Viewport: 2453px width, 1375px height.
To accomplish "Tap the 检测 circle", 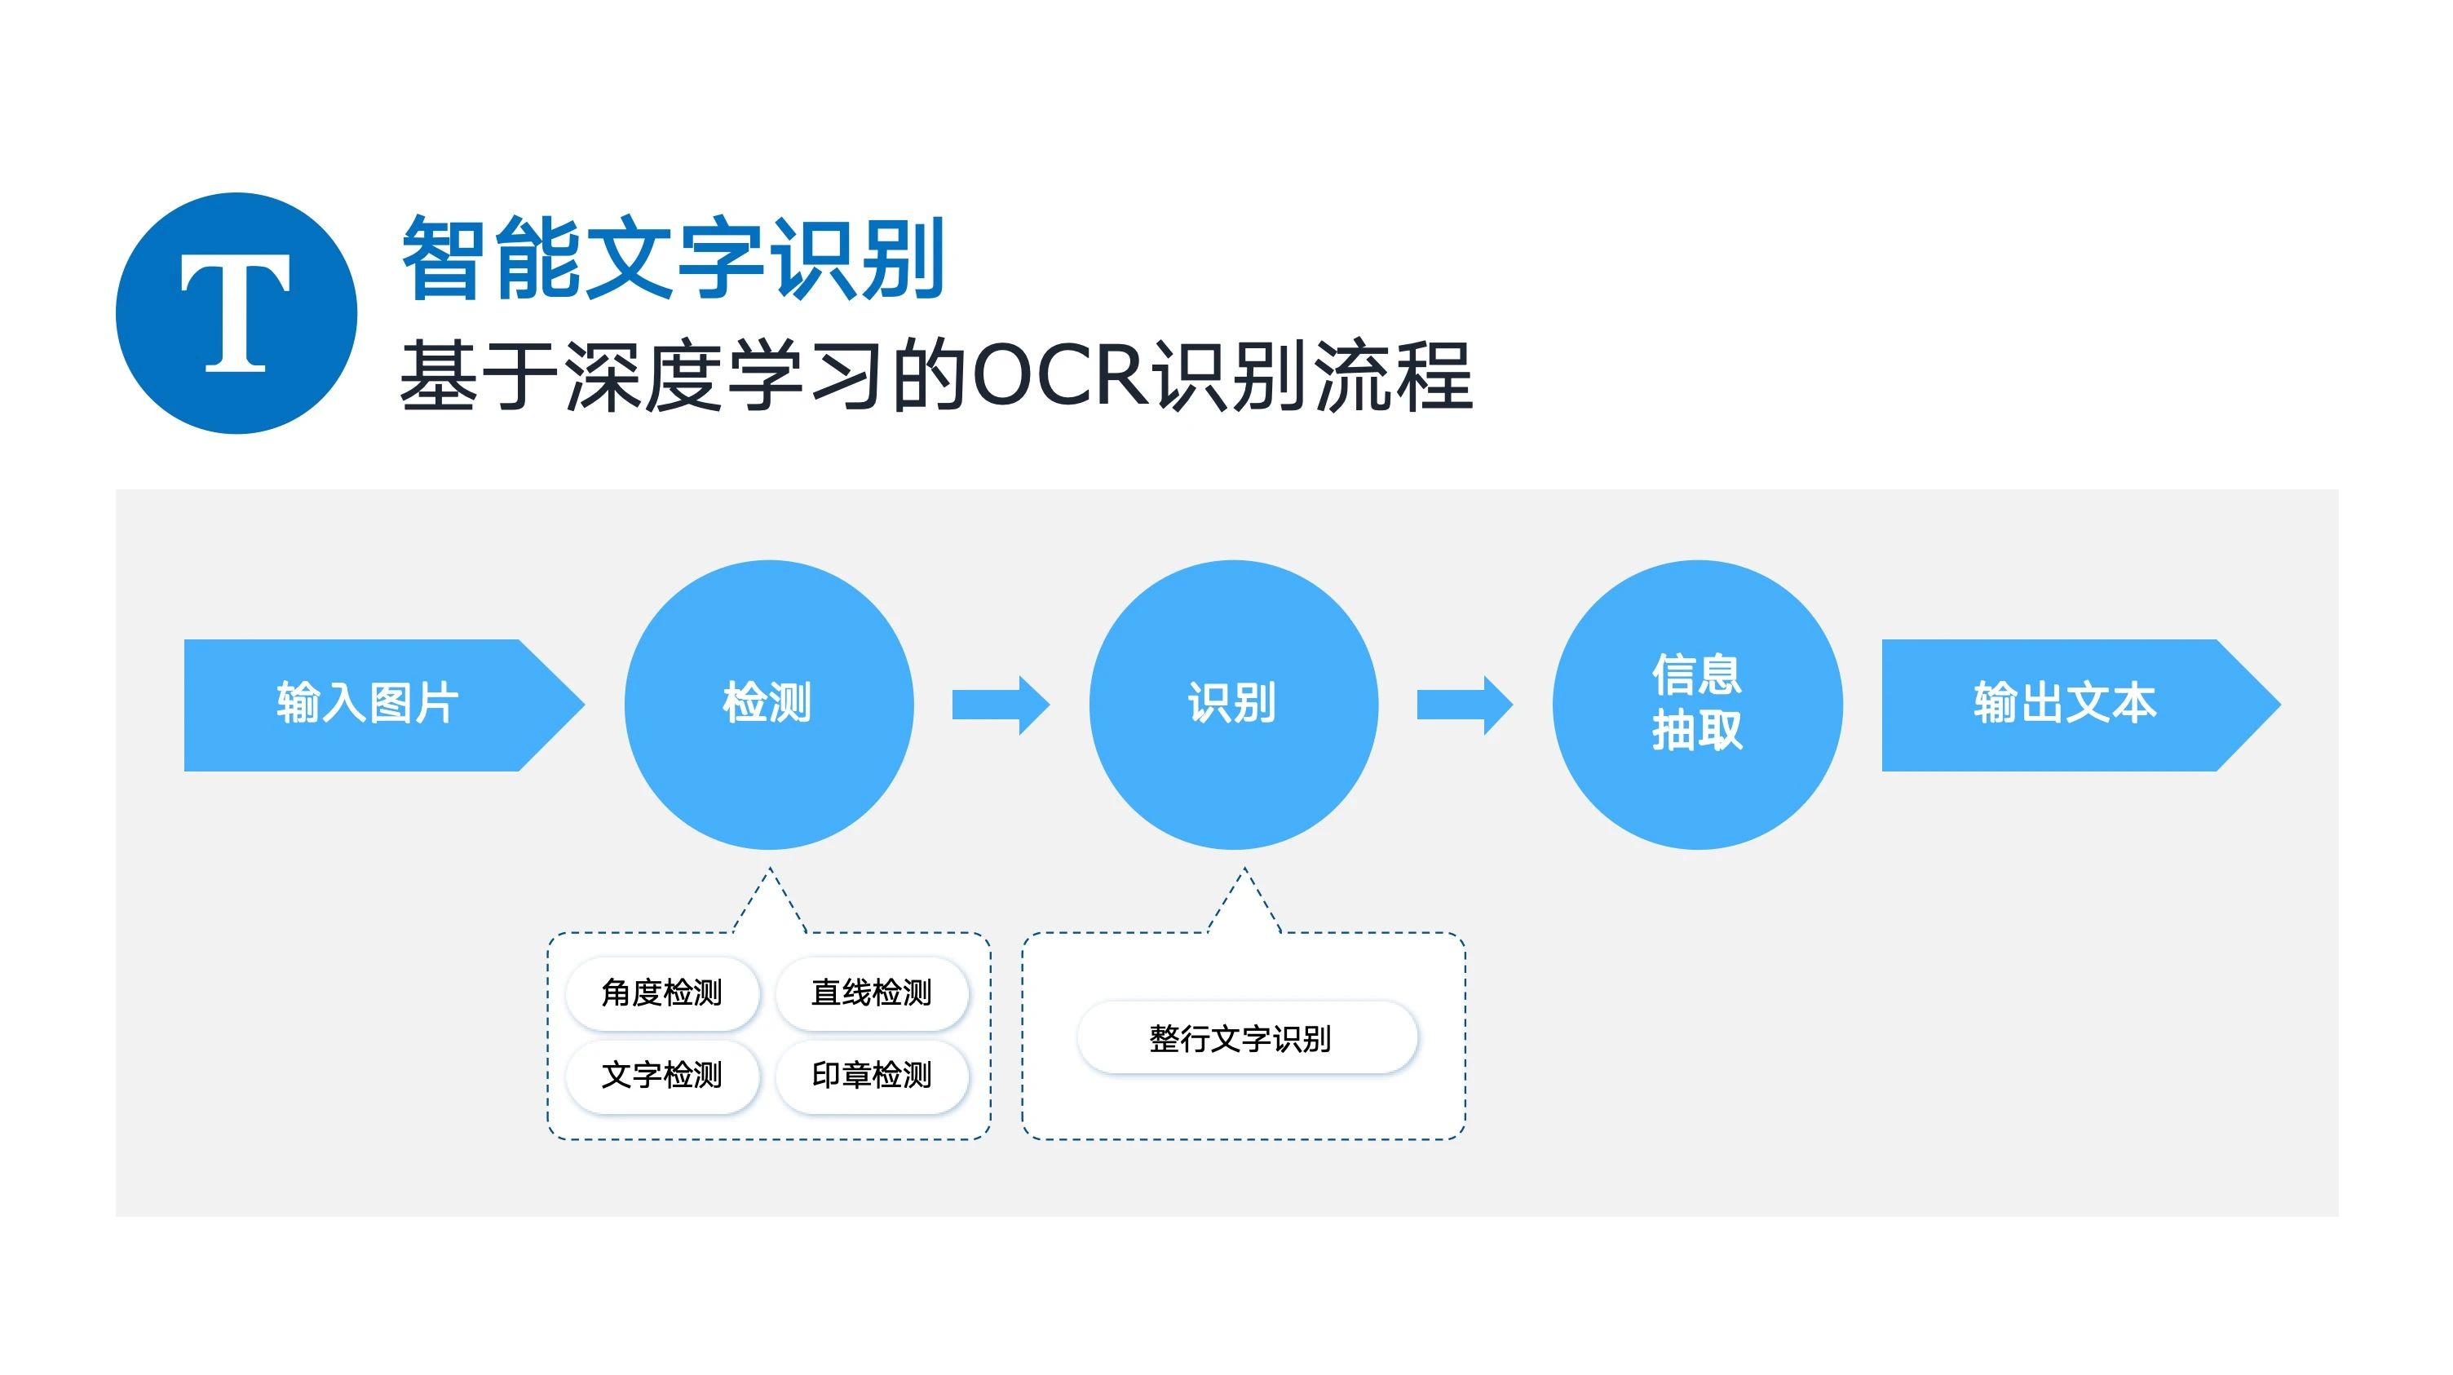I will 768,705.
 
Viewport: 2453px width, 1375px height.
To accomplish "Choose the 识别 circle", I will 1233,705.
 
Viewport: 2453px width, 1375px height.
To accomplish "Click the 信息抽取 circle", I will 1697,705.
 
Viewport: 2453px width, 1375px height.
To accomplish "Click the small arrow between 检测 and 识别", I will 1000,705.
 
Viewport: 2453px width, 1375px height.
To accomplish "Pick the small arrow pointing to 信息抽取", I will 1464,705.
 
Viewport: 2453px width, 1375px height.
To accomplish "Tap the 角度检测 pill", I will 663,993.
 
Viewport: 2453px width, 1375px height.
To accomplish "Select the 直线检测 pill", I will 871,993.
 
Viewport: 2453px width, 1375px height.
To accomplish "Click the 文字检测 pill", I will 663,1075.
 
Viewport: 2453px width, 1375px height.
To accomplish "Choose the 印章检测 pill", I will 871,1075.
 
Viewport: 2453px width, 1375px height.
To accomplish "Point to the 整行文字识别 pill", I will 1247,1038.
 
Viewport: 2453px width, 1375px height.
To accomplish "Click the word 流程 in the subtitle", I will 1394,376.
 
